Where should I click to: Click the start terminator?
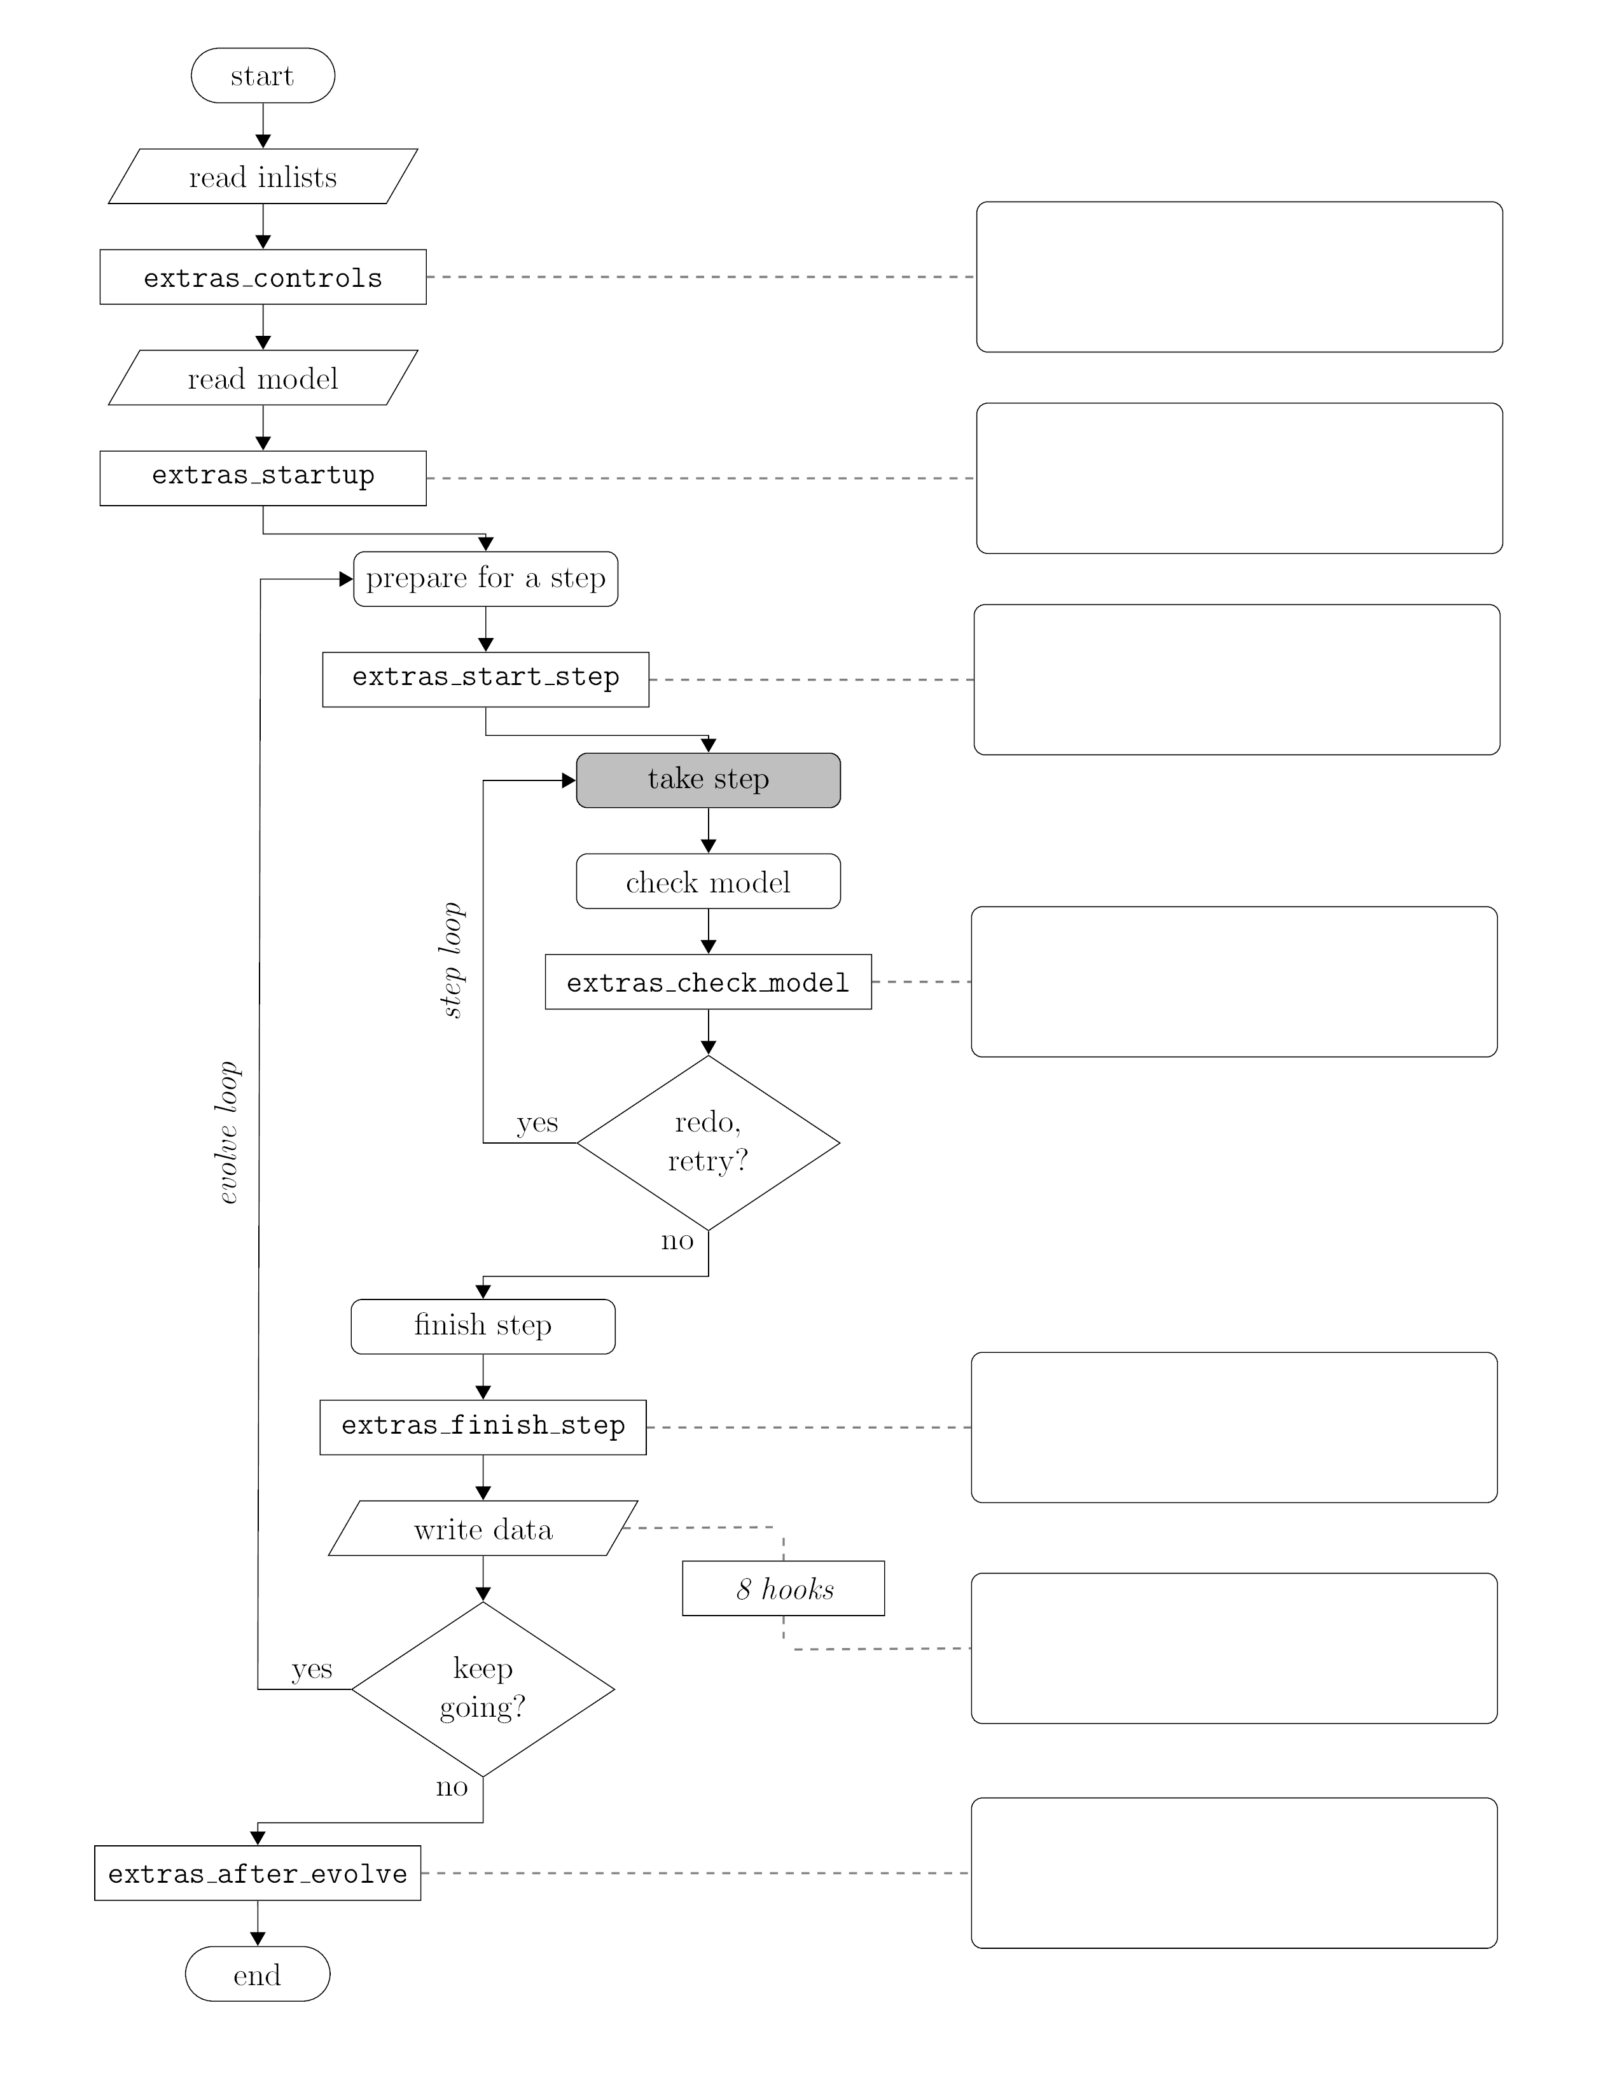tap(262, 75)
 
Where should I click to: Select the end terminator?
tap(258, 1974)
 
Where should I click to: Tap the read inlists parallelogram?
tap(262, 176)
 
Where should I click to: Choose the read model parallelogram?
tap(262, 378)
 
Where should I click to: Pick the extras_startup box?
tap(262, 478)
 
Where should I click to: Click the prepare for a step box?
tap(485, 579)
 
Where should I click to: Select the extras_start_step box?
tap(485, 679)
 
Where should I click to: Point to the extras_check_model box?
tap(708, 981)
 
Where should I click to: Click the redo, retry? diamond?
tap(708, 1143)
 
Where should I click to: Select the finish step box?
tap(482, 1326)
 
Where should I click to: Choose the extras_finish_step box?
tap(482, 1427)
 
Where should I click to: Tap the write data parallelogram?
tap(482, 1528)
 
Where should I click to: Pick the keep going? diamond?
tap(482, 1689)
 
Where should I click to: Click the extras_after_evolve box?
tap(258, 1873)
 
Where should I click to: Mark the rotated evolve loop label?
tap(227, 1132)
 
